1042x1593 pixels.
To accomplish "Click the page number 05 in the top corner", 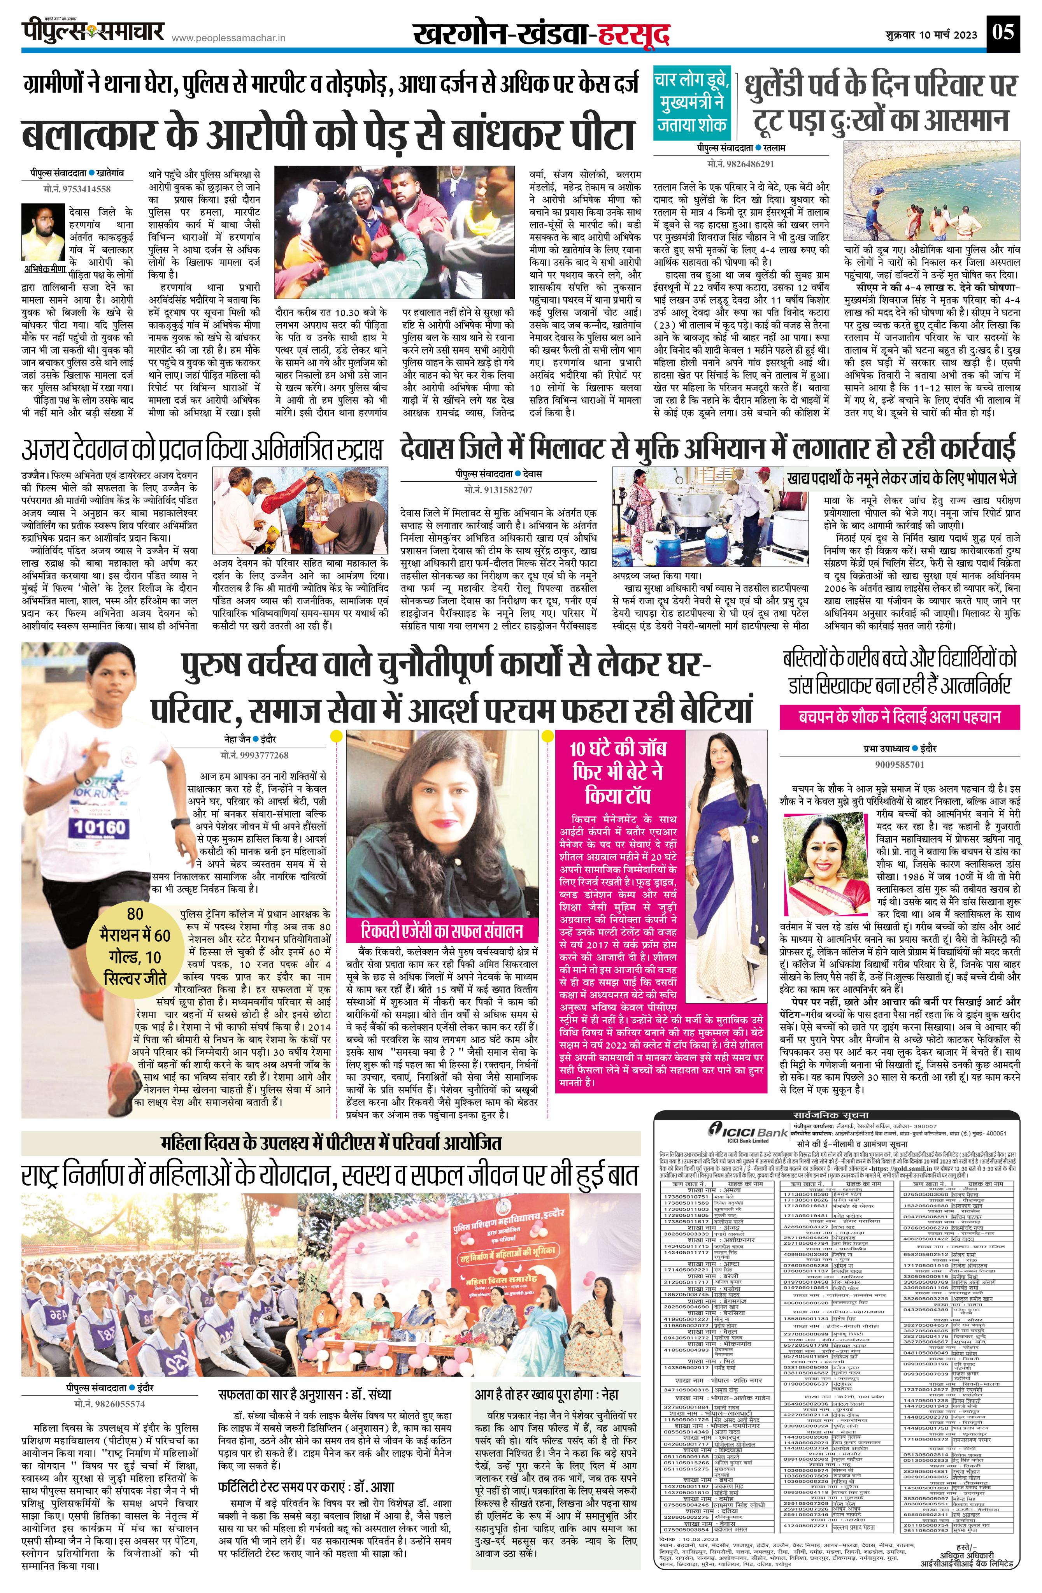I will click(1004, 33).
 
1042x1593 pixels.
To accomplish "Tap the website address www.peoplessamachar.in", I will click(229, 39).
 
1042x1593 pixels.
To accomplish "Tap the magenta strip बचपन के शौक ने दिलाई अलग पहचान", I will click(899, 717).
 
